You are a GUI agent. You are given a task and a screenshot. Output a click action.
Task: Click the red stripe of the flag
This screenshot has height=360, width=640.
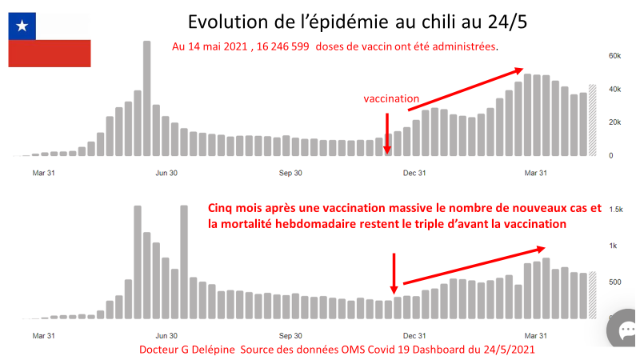50,54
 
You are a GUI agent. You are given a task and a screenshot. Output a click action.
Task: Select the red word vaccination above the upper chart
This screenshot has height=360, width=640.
391,99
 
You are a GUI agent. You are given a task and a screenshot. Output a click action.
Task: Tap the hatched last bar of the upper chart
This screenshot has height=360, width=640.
593,120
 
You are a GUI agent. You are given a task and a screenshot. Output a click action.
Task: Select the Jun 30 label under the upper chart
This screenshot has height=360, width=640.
166,172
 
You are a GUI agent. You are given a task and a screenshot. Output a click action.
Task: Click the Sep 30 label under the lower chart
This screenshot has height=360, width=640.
291,337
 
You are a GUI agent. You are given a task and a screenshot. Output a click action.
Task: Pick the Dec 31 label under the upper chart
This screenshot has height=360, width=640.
414,172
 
